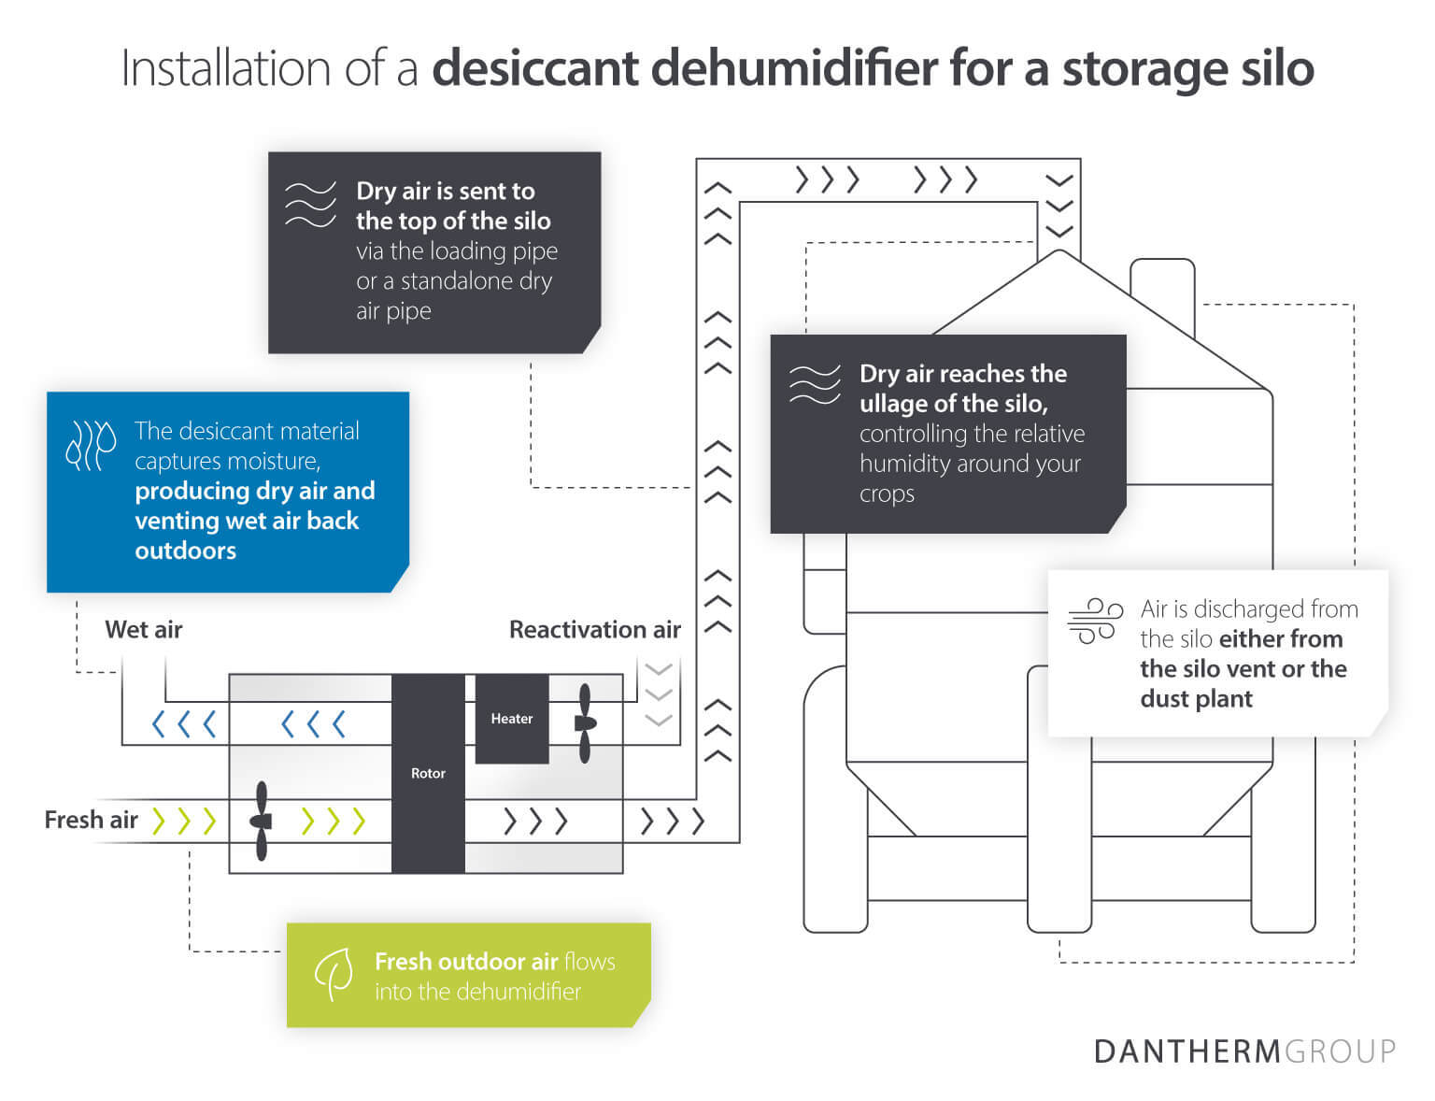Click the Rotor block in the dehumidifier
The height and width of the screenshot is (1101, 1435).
(x=428, y=773)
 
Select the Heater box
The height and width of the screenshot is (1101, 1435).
(x=511, y=718)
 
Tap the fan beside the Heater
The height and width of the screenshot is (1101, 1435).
(x=585, y=723)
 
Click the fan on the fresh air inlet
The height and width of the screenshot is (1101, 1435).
(x=262, y=821)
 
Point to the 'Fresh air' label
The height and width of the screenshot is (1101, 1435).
(x=91, y=820)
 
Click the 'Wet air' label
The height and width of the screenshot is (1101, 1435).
(x=143, y=629)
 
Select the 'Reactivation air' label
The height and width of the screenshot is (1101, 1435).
(x=594, y=629)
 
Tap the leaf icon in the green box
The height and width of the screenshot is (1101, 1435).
(x=334, y=974)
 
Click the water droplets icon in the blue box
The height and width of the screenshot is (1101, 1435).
(x=91, y=444)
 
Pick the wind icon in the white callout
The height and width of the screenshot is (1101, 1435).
(x=1095, y=622)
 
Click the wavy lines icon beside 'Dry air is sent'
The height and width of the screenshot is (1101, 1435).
(x=310, y=204)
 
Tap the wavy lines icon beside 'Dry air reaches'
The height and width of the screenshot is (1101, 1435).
(x=815, y=384)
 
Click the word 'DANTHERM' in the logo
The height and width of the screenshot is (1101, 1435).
(x=1186, y=1051)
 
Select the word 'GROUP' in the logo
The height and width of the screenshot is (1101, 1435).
(x=1340, y=1051)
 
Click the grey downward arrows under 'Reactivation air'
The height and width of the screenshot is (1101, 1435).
(x=659, y=694)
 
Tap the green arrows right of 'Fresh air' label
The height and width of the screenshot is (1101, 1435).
(x=185, y=821)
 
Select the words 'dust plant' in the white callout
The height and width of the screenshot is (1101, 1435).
(x=1196, y=698)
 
